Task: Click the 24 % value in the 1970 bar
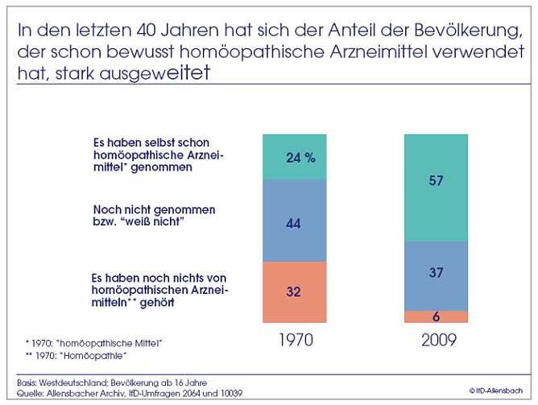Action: pos(300,158)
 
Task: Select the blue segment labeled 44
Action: pos(294,224)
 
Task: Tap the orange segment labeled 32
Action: pos(294,292)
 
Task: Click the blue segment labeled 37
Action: pos(436,273)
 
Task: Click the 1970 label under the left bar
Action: pos(296,340)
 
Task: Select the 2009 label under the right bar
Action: pos(438,340)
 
